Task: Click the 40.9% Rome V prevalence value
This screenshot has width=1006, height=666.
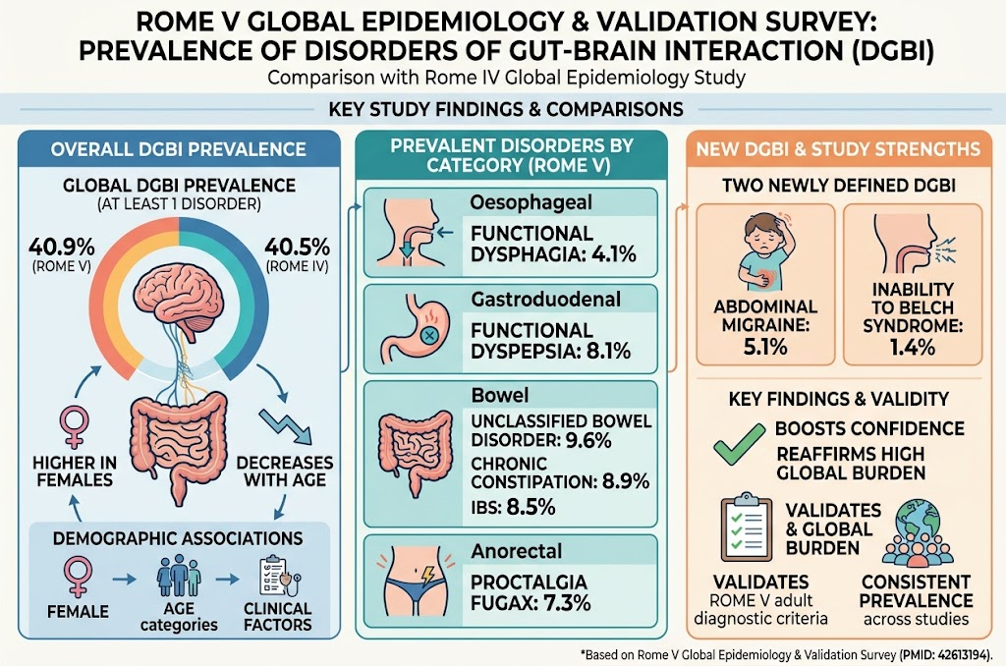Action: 62,247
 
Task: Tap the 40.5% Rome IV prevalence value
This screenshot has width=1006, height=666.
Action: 297,247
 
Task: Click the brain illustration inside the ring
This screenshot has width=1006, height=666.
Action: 179,296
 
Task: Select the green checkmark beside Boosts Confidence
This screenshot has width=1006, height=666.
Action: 740,443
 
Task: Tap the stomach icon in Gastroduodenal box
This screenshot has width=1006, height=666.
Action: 415,328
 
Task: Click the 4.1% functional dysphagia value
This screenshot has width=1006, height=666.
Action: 614,254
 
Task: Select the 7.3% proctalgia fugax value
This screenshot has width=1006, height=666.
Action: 567,603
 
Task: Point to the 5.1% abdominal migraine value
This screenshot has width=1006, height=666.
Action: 765,347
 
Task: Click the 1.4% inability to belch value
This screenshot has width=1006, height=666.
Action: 913,347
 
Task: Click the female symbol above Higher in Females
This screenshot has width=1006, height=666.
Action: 75,425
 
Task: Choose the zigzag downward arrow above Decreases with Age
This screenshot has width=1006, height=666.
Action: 286,426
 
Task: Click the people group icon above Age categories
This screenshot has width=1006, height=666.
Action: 179,576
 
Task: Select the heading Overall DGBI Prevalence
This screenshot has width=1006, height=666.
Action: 179,149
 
